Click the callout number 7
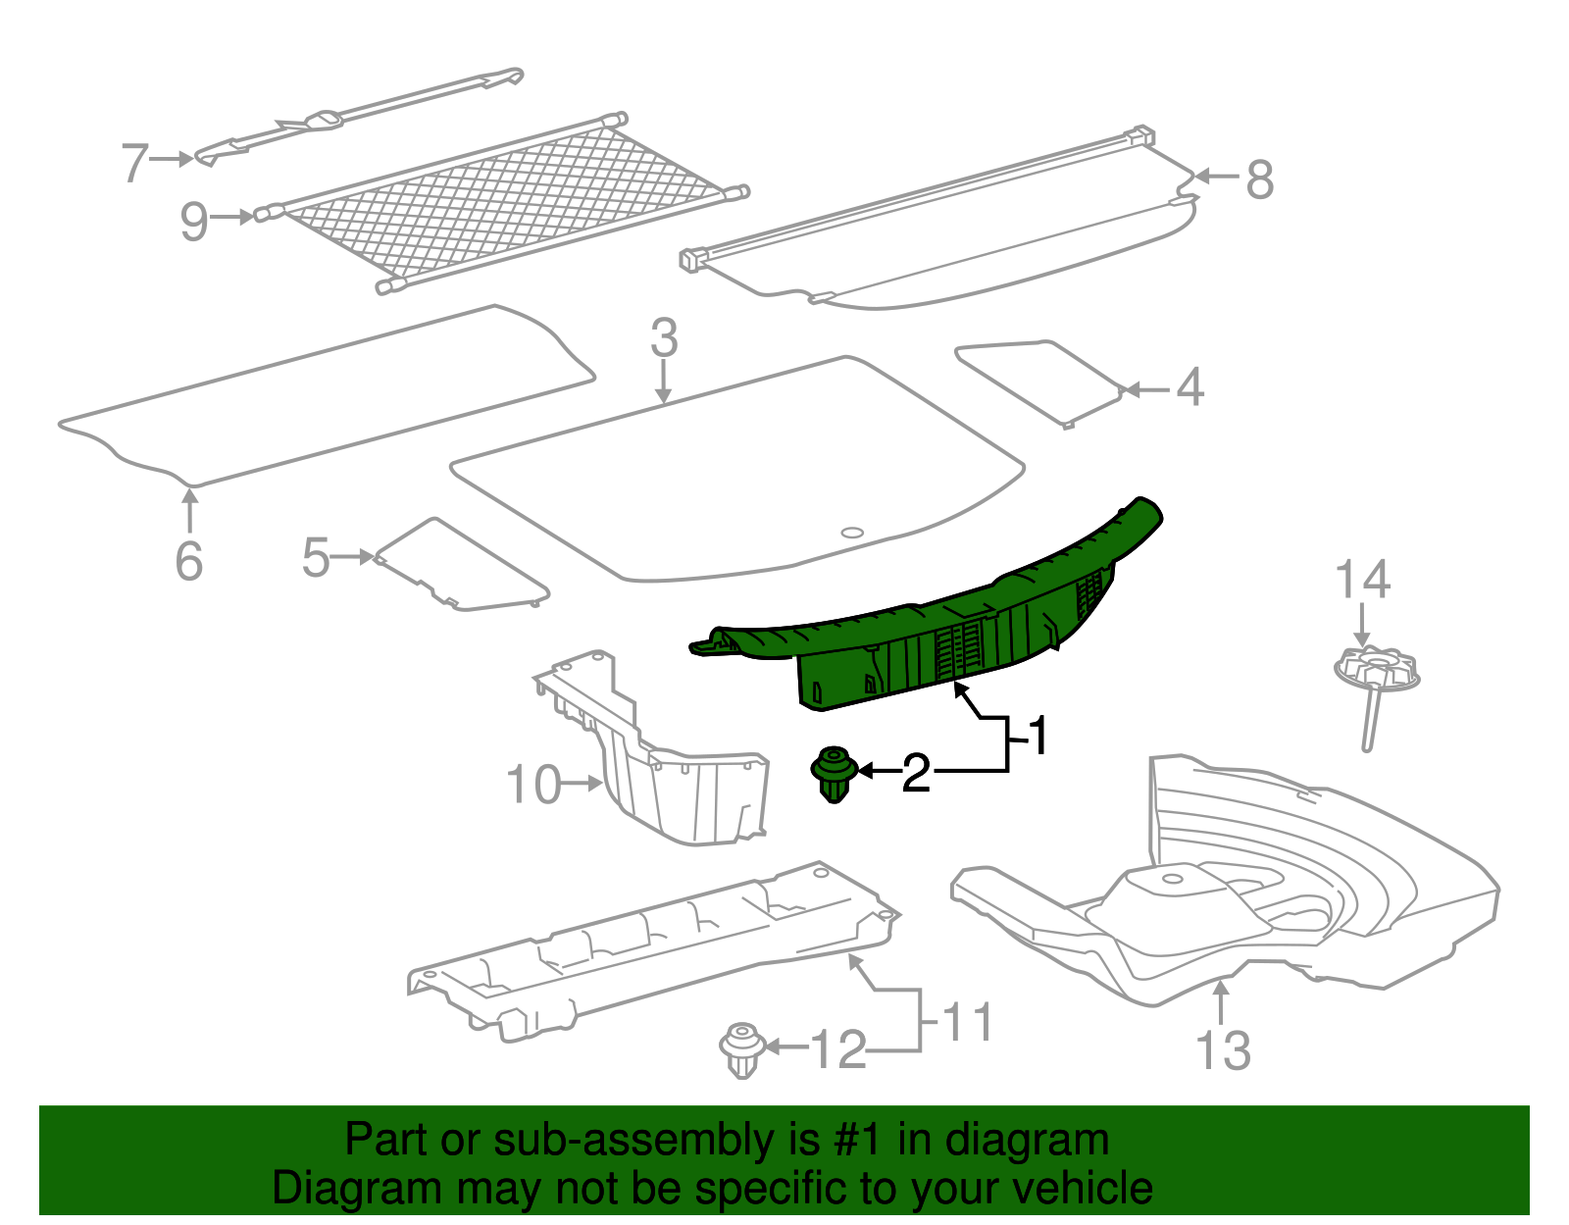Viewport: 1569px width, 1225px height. tap(134, 162)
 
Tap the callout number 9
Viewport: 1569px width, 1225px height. tap(193, 222)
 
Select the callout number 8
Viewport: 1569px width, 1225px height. tap(1259, 180)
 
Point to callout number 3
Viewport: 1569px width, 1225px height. tap(664, 338)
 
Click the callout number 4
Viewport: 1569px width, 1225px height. tap(1189, 387)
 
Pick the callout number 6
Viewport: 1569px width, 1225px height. tap(188, 561)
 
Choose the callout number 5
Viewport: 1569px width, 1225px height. tap(316, 557)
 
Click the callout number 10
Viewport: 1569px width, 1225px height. tap(533, 785)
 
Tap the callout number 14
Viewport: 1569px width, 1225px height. tap(1362, 580)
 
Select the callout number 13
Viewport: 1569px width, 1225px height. tap(1223, 1051)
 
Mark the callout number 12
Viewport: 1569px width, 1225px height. tap(839, 1050)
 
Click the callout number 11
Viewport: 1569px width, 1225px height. tap(968, 1023)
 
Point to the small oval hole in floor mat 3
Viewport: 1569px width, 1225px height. tap(852, 533)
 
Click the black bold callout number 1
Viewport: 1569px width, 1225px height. tap(1038, 736)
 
